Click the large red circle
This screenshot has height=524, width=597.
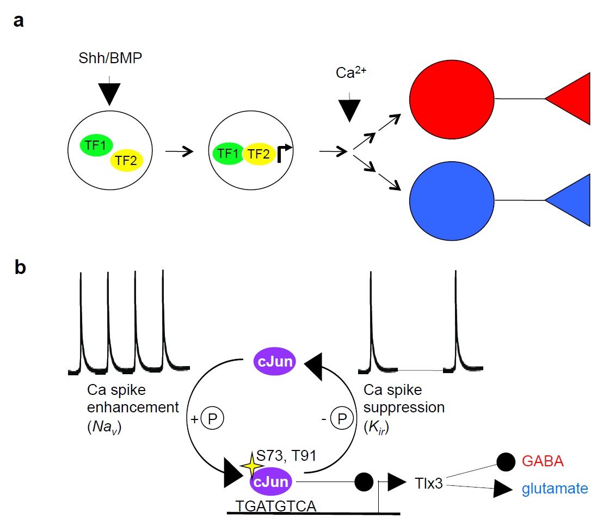click(452, 99)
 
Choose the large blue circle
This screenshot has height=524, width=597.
click(452, 200)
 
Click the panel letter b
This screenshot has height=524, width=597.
click(20, 269)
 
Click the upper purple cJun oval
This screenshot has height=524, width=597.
click(275, 362)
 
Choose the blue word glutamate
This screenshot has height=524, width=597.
click(555, 489)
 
